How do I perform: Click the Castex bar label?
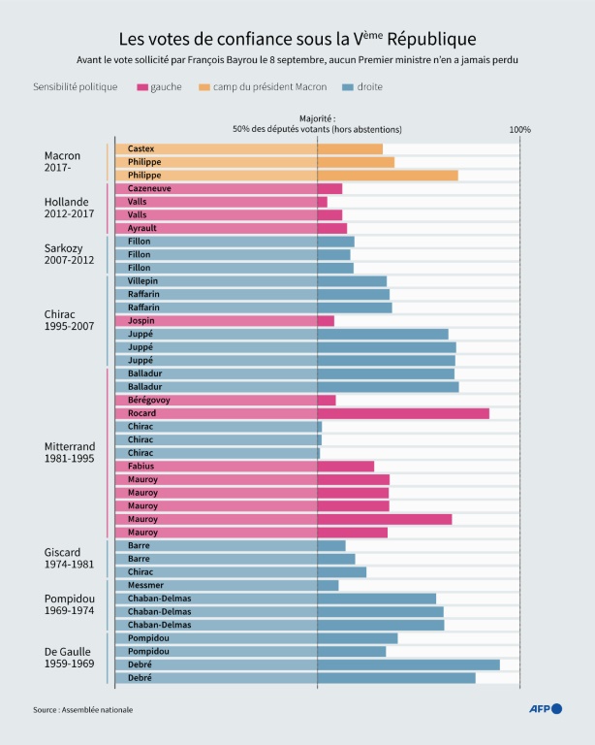(141, 148)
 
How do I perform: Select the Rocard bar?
(403, 413)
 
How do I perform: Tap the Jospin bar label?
(141, 321)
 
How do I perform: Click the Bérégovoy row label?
(148, 400)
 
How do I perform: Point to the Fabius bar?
(345, 467)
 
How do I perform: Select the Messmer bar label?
(146, 585)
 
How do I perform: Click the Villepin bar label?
(143, 281)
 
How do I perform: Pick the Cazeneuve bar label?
(149, 188)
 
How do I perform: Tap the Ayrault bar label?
(142, 228)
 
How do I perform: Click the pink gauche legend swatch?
(141, 87)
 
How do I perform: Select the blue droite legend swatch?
(349, 87)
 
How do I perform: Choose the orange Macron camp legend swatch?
(204, 87)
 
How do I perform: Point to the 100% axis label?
(520, 130)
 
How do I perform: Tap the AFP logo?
(545, 709)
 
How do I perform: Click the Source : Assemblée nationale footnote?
(82, 710)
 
